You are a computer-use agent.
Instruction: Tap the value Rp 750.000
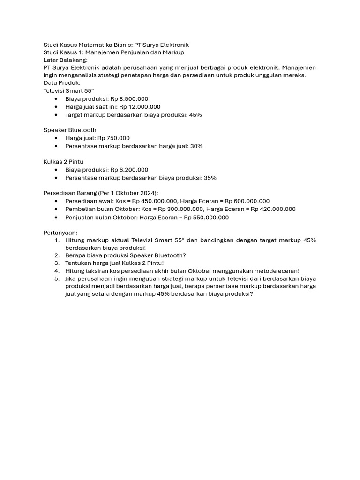click(x=113, y=138)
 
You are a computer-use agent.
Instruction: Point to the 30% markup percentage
click(x=196, y=146)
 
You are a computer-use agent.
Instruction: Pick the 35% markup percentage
click(x=210, y=178)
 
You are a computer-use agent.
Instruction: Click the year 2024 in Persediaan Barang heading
click(x=148, y=193)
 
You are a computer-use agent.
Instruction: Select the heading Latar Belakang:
click(x=66, y=60)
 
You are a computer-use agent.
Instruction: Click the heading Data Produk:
click(x=62, y=83)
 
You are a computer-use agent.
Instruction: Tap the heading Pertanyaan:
click(x=60, y=232)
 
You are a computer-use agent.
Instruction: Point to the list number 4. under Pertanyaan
click(x=56, y=271)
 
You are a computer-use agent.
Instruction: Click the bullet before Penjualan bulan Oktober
click(x=56, y=217)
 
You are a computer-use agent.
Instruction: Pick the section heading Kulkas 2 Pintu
click(x=63, y=162)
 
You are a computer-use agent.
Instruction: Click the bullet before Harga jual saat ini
click(x=56, y=107)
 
